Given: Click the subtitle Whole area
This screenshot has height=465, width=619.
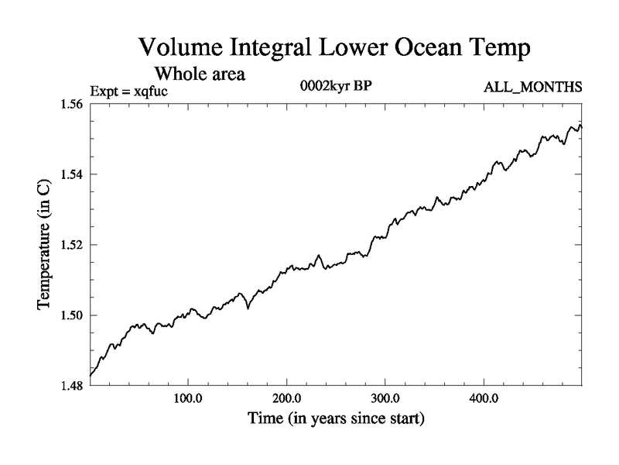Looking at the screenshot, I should point(200,74).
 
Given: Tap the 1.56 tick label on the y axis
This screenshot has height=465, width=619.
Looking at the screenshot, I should point(74,105).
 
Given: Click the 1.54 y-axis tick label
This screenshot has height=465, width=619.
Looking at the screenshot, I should point(74,174).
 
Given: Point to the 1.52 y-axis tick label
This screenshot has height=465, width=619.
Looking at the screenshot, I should point(74,245).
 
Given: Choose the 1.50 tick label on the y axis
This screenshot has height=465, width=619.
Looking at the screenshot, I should point(74,315).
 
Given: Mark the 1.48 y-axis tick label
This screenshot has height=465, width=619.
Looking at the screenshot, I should point(74,385).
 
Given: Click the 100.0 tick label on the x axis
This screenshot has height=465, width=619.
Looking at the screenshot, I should point(189,401).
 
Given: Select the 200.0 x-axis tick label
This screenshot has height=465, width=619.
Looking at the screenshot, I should point(287,401).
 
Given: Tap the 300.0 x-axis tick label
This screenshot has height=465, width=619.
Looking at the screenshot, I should point(385,401).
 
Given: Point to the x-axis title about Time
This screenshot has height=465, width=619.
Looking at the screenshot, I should point(336,420).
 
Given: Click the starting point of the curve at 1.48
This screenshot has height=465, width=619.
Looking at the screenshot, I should point(91,376).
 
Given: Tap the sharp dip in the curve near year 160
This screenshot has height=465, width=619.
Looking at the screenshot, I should point(248,308).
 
